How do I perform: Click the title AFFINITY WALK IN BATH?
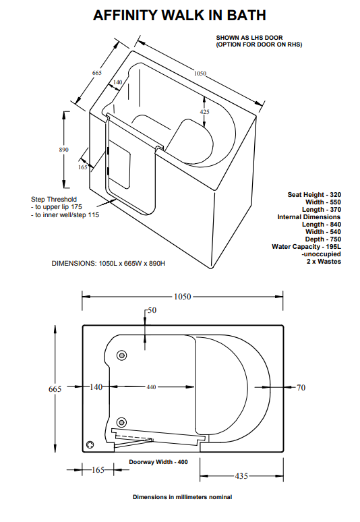pos(179,15)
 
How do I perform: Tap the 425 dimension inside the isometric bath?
pos(204,111)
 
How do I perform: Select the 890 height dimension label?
pos(64,150)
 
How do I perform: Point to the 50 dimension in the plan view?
pos(151,310)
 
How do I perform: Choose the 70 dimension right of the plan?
pos(301,387)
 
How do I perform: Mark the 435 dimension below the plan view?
pos(240,475)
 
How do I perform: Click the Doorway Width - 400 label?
pos(158,461)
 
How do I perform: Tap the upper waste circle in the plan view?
pos(123,355)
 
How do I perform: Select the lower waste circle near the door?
pos(123,422)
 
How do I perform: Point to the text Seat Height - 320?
pos(314,194)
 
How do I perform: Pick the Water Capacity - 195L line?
pos(306,247)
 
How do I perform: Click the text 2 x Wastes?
pos(324,262)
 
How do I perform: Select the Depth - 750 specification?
pos(320,239)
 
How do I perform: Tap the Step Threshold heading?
pos(54,199)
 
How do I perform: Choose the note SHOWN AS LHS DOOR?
pos(247,38)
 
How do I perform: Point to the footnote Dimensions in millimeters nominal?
pos(182,497)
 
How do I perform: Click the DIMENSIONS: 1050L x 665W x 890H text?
pos(109,262)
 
